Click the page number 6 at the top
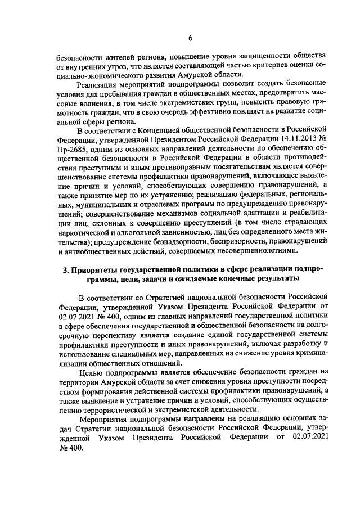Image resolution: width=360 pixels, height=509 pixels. (x=190, y=38)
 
